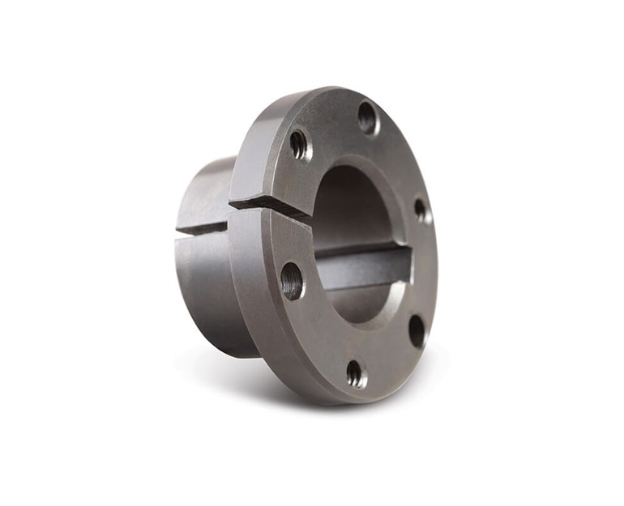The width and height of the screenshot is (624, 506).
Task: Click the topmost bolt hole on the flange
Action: (367, 117)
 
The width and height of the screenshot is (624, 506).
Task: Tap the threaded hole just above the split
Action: (300, 145)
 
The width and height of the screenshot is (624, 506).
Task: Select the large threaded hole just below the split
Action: (292, 281)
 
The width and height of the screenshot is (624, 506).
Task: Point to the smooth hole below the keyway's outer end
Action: (417, 330)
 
